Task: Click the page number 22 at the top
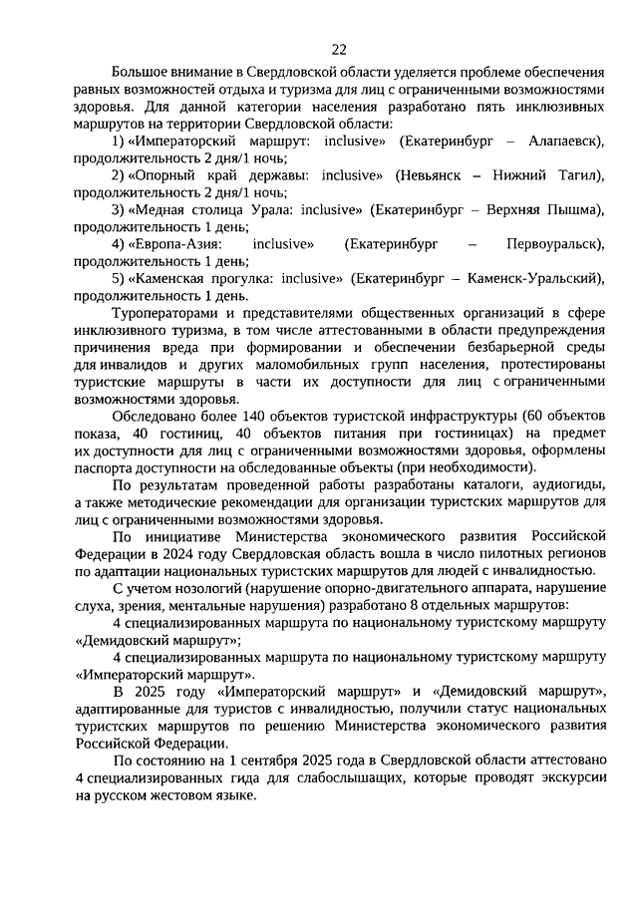[339, 47]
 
